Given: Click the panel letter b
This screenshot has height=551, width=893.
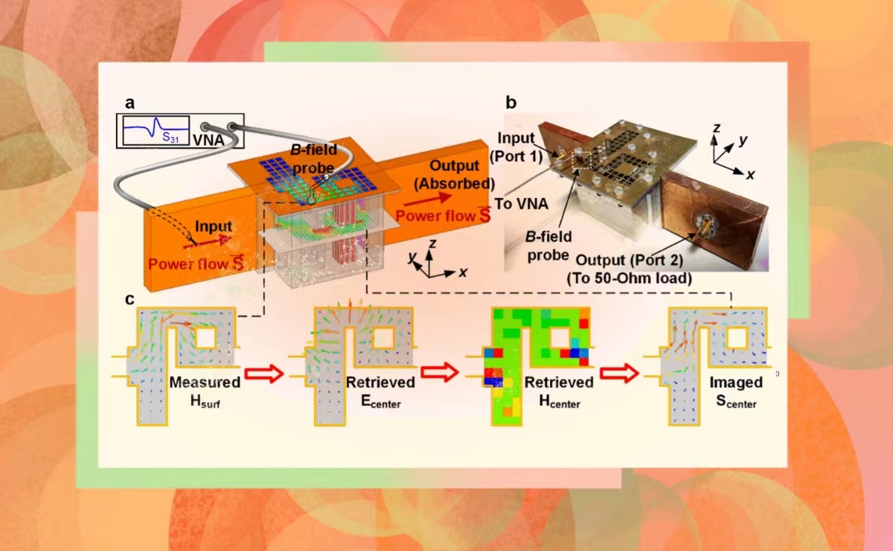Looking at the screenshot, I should [511, 103].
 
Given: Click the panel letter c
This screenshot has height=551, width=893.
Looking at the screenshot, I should [129, 299].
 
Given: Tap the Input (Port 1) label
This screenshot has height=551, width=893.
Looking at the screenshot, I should [519, 146].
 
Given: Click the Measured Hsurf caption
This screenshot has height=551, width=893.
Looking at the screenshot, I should [205, 389].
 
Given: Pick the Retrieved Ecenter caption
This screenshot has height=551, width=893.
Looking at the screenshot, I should [380, 389].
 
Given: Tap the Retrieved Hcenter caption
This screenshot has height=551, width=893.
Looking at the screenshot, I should [559, 389].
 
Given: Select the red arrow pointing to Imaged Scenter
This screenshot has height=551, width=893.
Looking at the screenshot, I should [620, 374].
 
